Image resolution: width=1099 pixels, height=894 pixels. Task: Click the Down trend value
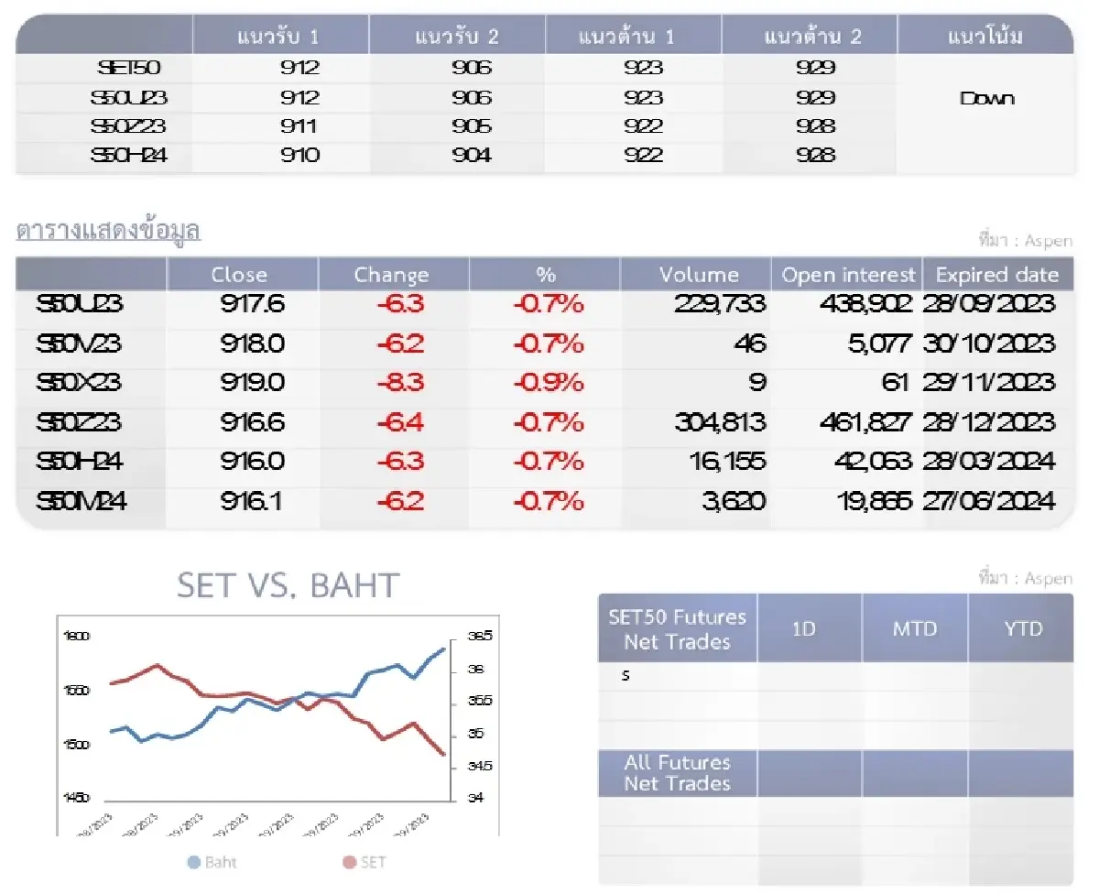click(x=986, y=99)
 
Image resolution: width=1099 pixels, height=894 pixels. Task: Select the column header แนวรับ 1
click(x=280, y=38)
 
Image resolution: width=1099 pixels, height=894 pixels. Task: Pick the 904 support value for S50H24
click(x=471, y=156)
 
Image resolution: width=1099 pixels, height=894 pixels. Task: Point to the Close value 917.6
click(x=252, y=304)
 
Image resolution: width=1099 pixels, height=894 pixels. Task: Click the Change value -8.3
click(x=400, y=382)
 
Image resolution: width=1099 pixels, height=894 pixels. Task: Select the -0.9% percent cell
click(x=548, y=382)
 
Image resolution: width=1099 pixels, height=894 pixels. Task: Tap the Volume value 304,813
click(x=720, y=422)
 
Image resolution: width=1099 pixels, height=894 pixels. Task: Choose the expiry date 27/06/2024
click(x=989, y=501)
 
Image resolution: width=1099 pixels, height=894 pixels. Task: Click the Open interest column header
click(x=848, y=275)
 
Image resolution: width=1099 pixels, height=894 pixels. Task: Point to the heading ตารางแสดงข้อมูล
click(x=108, y=231)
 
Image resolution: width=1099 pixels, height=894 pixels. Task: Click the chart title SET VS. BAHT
click(x=288, y=585)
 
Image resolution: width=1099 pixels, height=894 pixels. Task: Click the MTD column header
click(x=914, y=629)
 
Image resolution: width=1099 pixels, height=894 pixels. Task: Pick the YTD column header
click(x=1020, y=629)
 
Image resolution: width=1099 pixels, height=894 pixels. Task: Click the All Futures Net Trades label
click(x=677, y=773)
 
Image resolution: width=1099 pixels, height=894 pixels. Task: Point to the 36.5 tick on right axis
click(x=481, y=636)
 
